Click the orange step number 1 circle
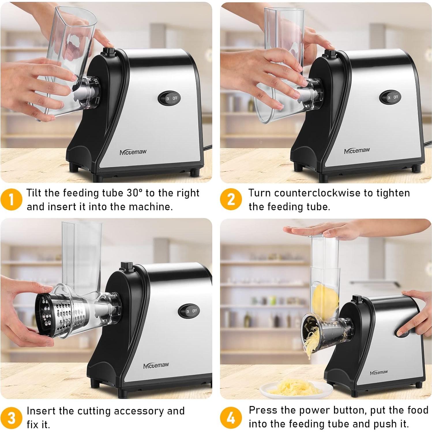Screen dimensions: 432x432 (11, 200)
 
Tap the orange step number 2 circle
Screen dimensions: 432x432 (231, 200)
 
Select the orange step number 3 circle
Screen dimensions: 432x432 (11, 418)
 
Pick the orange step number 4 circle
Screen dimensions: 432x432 (231, 418)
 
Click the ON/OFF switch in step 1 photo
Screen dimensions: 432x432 (171, 98)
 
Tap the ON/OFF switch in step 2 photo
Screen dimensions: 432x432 (392, 97)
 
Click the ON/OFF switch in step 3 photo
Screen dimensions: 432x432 (191, 311)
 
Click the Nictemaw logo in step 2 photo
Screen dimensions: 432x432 (357, 151)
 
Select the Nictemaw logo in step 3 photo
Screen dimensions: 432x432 (156, 365)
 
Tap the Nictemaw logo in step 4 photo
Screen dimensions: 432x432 (379, 372)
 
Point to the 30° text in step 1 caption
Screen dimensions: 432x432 (135, 193)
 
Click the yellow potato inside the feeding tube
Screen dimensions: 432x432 (324, 300)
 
